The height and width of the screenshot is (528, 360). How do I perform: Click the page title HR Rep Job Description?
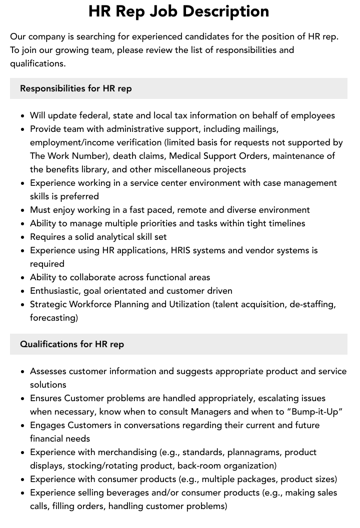178,11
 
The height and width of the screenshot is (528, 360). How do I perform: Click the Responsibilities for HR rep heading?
75,88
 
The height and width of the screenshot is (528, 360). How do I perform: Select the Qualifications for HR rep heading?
72,344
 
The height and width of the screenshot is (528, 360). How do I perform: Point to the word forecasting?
52,318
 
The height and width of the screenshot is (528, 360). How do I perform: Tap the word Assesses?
48,371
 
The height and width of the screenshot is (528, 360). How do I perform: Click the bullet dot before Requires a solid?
23,237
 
